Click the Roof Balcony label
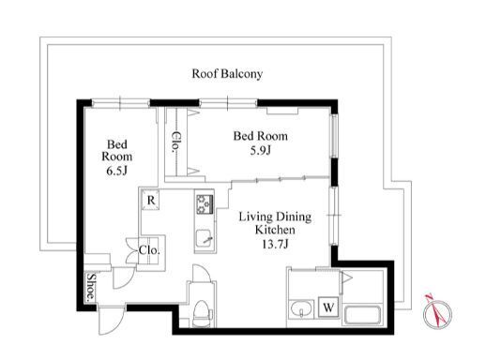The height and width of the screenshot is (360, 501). pos(227,74)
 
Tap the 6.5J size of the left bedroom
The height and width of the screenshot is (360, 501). pos(117,171)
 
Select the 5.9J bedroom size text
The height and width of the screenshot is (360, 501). pos(261,150)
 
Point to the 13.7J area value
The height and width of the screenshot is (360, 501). pos(275,244)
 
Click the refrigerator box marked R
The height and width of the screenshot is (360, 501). pos(151,201)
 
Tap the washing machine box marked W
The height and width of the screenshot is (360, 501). pos(328,307)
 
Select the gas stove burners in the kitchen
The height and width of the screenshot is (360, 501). pos(205,204)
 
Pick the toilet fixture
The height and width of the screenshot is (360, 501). pos(202,313)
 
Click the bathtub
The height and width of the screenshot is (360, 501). pos(362,315)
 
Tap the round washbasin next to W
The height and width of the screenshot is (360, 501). pos(301,309)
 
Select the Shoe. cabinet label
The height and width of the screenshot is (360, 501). pos(91,287)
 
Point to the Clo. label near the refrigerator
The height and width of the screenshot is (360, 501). pos(149,250)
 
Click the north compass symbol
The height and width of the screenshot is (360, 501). pos(437,313)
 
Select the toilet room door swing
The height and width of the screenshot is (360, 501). pos(201,273)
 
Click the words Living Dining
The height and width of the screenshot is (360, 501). pos(275,217)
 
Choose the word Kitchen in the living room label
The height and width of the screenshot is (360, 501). pos(275,230)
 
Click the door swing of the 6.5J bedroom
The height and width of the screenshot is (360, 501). pos(123,277)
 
